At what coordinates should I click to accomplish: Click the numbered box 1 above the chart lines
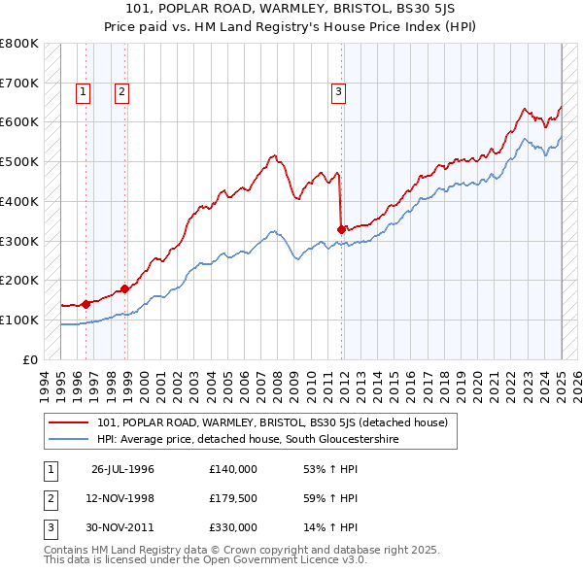tap(84, 92)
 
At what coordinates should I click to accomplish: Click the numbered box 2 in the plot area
tap(121, 92)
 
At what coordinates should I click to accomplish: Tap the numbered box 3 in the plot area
tap(338, 92)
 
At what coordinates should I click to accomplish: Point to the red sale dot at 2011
tap(342, 229)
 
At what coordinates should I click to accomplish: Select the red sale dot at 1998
tap(125, 288)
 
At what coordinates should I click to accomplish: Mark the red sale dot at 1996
tap(86, 304)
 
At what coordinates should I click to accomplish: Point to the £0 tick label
tap(31, 359)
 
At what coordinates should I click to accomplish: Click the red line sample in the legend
tap(68, 423)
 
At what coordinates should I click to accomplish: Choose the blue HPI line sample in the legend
tap(68, 440)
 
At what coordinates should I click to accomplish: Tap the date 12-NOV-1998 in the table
tap(122, 498)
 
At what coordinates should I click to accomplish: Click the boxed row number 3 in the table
tap(49, 527)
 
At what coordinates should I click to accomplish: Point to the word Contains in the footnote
tap(68, 551)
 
